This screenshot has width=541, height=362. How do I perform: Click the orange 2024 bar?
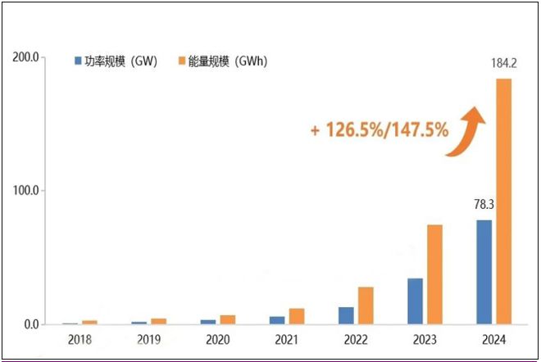tap(504, 201)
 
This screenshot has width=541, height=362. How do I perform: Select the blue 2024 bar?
tap(484, 272)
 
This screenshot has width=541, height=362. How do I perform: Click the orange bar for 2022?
tap(366, 305)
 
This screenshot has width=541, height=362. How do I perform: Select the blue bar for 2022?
tap(346, 315)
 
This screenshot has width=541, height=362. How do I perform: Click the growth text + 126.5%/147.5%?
tap(379, 129)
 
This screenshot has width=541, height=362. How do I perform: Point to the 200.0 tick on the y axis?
tap(27, 57)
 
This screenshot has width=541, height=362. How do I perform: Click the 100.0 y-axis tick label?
tap(27, 191)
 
